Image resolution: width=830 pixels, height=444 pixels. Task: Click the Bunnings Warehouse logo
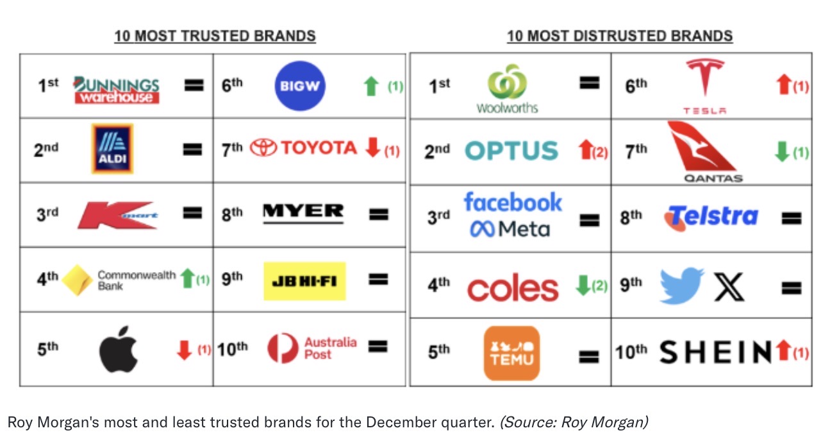[x=117, y=90]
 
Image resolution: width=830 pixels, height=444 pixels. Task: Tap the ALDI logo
[x=112, y=148]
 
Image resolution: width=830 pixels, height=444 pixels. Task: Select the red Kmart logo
[x=117, y=216]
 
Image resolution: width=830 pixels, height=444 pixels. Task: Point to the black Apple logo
[x=118, y=349]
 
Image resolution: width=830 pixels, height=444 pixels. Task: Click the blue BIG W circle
[x=300, y=86]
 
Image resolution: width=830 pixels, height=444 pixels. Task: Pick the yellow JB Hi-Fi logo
[x=304, y=281]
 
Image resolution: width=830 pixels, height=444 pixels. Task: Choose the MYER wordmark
[x=303, y=213]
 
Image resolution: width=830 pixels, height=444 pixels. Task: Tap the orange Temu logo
[x=511, y=353]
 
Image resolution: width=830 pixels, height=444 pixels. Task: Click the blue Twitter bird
[x=681, y=285]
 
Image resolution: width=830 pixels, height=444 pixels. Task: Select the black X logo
[x=729, y=287]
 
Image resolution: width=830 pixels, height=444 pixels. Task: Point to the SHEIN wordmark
[x=715, y=352]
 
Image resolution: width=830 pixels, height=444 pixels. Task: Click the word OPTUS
[x=511, y=151]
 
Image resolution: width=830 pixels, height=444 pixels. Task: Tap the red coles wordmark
[x=513, y=288]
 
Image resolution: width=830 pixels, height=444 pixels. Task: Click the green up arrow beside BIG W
[x=371, y=86]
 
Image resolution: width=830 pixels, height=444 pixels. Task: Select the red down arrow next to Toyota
[x=373, y=148]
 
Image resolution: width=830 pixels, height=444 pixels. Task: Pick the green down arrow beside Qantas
[x=782, y=151]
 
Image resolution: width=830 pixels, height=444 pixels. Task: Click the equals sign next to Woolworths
[x=590, y=83]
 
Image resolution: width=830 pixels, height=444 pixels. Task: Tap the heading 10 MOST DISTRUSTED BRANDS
[x=620, y=36]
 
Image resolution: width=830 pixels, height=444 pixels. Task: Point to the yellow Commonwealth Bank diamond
[x=77, y=280]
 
